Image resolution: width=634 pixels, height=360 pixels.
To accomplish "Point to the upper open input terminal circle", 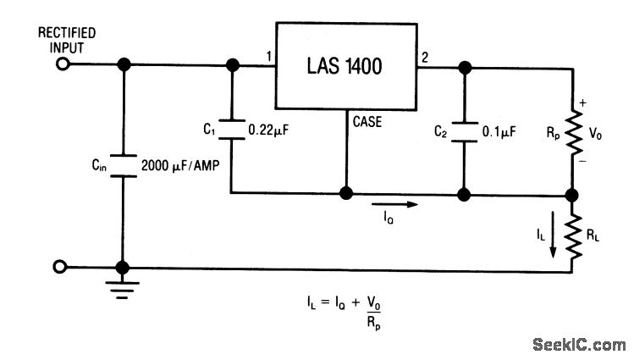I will pos(60,64).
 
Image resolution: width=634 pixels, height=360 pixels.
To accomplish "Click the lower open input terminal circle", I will pos(60,268).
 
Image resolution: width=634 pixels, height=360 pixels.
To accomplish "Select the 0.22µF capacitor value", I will pos(269,131).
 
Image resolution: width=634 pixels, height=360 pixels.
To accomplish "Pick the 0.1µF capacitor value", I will pos(500,131).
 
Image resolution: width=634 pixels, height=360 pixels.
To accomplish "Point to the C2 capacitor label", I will pos(439,130).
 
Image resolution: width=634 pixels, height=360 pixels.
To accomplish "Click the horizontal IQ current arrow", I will pos(397,204).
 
